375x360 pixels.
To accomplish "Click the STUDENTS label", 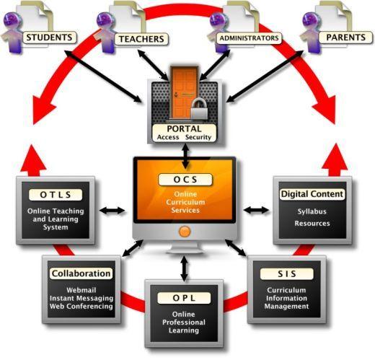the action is pos(50,38).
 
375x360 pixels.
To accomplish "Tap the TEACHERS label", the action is pos(141,39).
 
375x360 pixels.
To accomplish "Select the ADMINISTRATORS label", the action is pos(249,38).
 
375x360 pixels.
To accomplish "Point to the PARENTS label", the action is pos(345,38).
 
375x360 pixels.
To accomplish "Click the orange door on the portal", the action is pos(185,92).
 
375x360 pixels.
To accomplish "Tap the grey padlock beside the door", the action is pos(199,109).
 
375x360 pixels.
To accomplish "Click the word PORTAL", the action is pos(184,129).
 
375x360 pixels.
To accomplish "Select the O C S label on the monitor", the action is pos(185,180).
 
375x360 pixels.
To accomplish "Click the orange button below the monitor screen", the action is pos(185,232).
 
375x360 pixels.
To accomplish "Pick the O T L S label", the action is pos(56,195).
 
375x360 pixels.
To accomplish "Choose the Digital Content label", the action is pos(312,194).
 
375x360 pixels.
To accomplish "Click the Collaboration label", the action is pos(81,273).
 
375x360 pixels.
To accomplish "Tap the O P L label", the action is pos(184,298).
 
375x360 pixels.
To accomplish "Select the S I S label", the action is pos(287,274).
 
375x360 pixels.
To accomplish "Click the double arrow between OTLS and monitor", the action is pos(112,211).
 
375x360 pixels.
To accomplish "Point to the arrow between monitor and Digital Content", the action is pos(256,210).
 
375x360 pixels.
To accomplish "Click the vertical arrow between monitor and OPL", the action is pos(184,268).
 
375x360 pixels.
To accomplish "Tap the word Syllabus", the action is pos(312,211).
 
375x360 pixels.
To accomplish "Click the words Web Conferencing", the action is pos(81,307).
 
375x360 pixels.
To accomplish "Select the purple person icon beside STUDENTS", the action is pos(12,32).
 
